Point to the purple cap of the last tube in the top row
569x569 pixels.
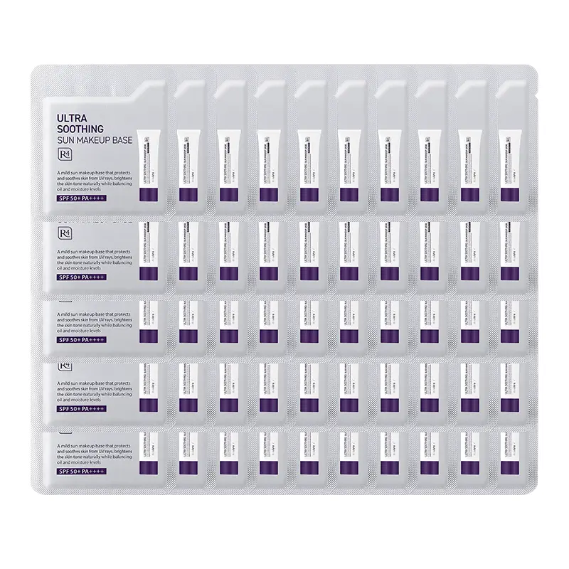point(509,194)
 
